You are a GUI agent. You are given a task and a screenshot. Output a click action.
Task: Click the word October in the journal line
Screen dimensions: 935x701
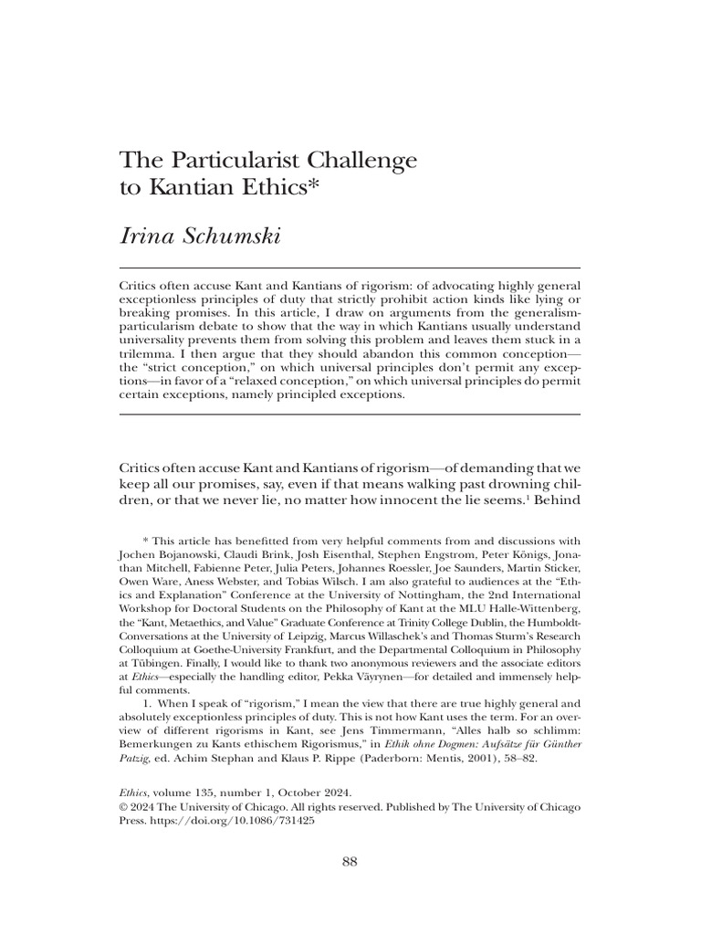tap(286, 793)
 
